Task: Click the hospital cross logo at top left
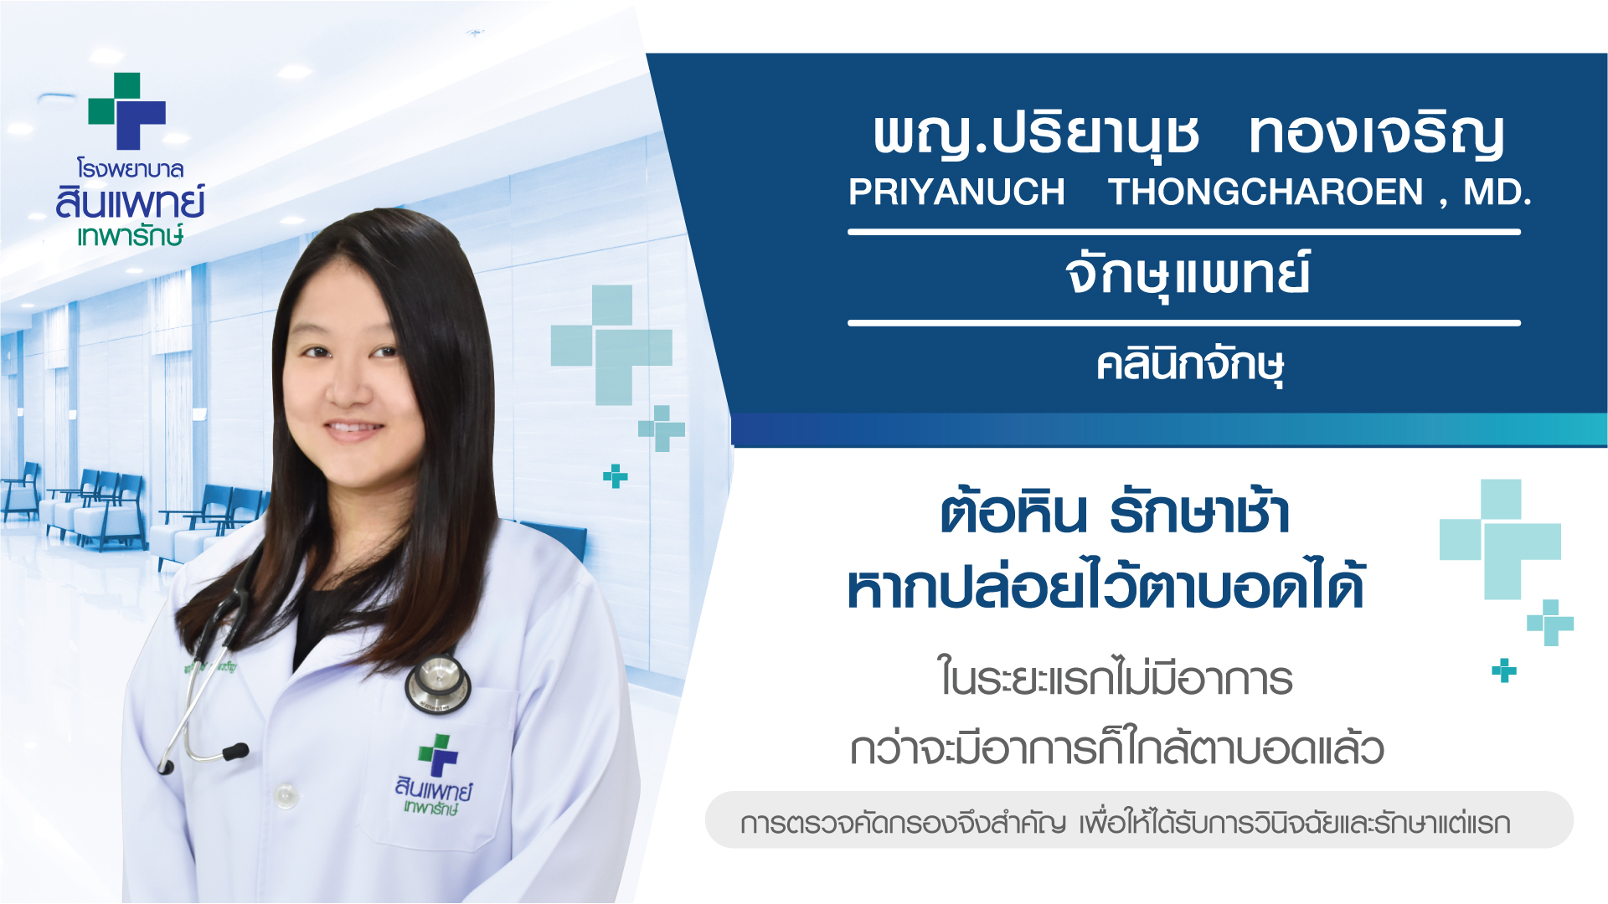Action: click(127, 110)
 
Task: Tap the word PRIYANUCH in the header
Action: click(956, 193)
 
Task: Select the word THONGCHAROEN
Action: click(1265, 193)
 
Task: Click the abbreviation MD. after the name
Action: click(1497, 193)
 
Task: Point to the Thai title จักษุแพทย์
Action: click(1188, 275)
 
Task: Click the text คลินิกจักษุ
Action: click(1190, 366)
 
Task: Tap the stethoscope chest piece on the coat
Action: click(437, 684)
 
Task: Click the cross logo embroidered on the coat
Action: click(438, 755)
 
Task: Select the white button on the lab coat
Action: click(286, 795)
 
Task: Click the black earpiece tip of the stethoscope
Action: click(235, 751)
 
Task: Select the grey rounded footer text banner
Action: click(1139, 820)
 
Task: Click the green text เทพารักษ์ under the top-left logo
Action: click(130, 235)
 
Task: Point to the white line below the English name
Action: click(1183, 232)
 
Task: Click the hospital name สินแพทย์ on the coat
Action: click(434, 788)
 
